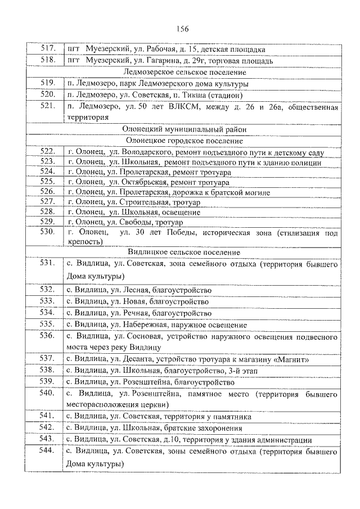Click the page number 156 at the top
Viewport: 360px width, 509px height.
pos(182,29)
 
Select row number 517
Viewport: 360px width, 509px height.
pos(47,49)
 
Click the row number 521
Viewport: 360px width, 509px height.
pos(47,106)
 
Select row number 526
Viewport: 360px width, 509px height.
pos(47,192)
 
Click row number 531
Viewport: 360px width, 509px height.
pos(47,263)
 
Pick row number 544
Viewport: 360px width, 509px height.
pos(47,451)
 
